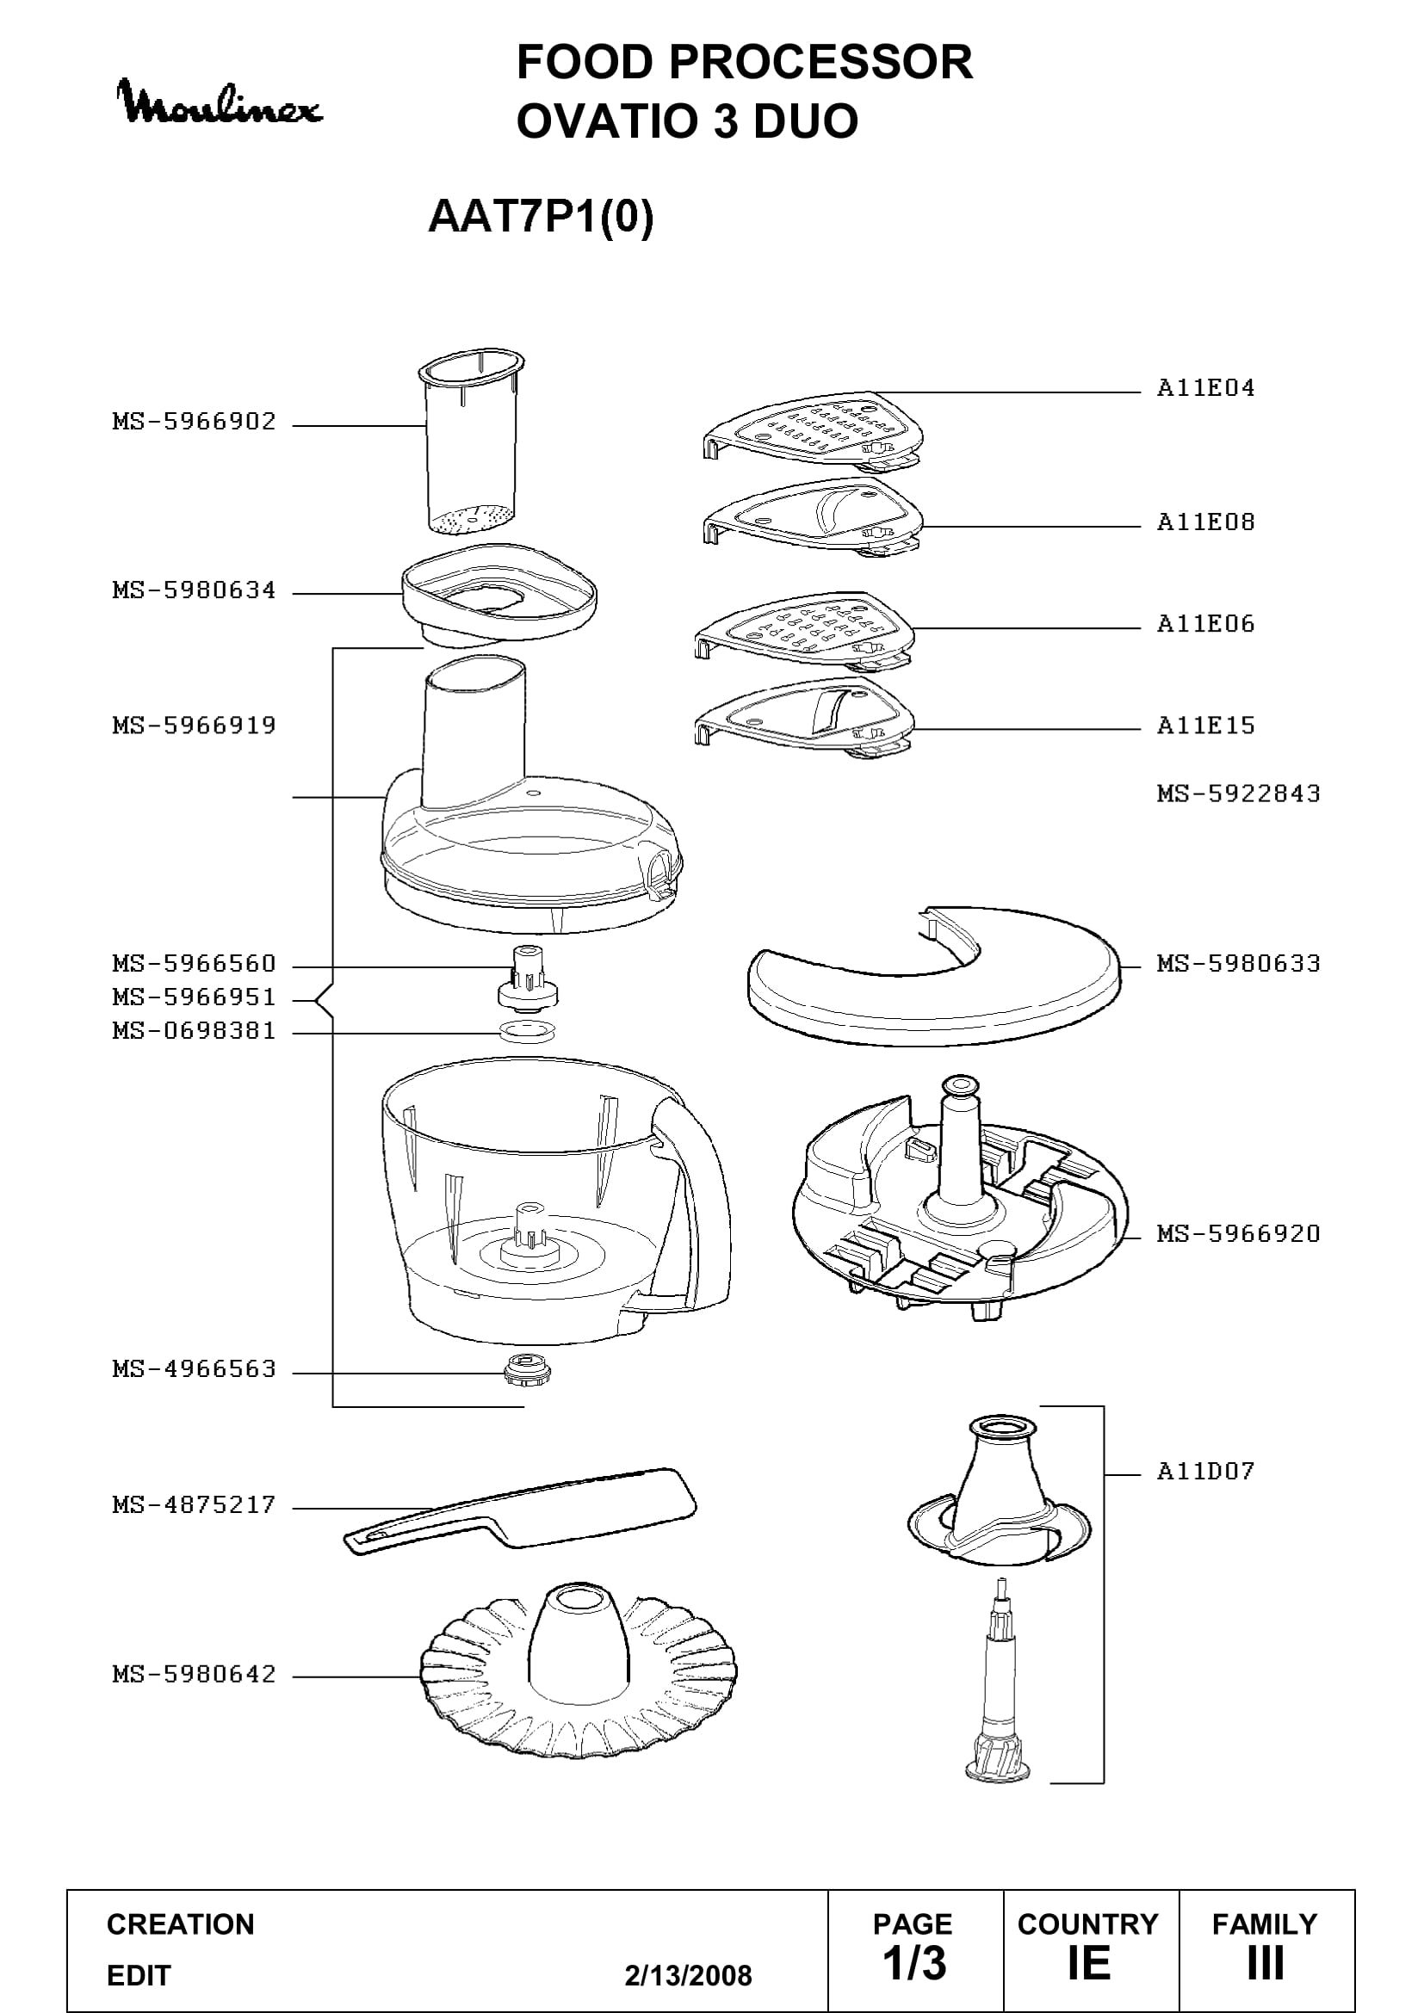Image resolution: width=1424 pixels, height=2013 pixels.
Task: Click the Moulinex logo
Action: coord(220,102)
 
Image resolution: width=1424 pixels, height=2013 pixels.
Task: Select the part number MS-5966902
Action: coord(194,422)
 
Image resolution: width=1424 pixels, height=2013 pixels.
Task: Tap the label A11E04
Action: coord(1205,387)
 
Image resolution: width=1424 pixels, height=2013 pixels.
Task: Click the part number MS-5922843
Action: coord(1238,793)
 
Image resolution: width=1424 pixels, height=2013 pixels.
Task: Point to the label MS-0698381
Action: coord(194,1031)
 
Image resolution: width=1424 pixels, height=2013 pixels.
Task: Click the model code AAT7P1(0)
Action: coord(541,217)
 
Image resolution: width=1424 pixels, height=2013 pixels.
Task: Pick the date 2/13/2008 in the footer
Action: coord(689,1975)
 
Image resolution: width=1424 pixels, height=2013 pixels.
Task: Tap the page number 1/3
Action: coord(914,1963)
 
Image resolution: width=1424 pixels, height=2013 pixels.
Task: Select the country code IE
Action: coord(1088,1963)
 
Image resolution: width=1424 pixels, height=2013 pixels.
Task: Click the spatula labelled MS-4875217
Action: coord(520,1510)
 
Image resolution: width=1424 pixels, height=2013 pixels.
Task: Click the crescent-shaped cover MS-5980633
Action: coord(935,977)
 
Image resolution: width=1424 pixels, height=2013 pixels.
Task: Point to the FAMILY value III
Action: coord(1266,1963)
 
